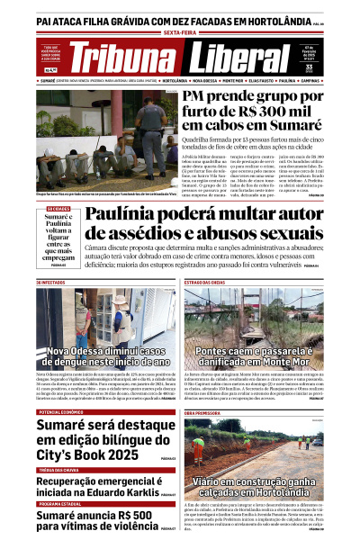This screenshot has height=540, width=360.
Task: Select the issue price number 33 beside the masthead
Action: coord(333,66)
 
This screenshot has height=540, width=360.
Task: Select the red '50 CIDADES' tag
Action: coord(58,210)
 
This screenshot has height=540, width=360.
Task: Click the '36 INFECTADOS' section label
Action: coord(51,283)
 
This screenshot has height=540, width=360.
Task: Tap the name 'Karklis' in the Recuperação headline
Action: coord(134,492)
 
